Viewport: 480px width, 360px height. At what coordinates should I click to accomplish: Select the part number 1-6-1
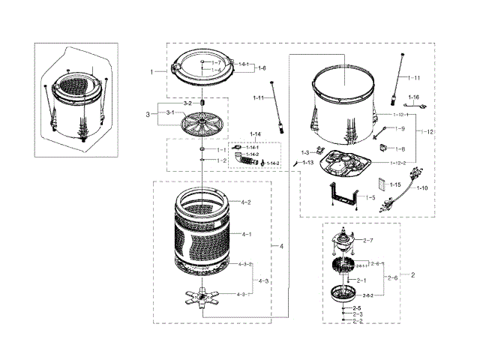point(244,65)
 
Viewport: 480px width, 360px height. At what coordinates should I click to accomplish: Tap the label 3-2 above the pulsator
point(188,102)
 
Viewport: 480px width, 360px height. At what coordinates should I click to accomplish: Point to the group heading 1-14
point(256,134)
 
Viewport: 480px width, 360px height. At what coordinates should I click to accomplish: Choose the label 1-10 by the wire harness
point(422,188)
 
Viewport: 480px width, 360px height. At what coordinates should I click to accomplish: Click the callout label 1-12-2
point(399,163)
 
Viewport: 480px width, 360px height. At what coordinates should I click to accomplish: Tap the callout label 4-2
point(245,202)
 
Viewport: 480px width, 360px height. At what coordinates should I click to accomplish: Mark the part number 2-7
point(368,240)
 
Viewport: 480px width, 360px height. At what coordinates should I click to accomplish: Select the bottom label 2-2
point(357,321)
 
